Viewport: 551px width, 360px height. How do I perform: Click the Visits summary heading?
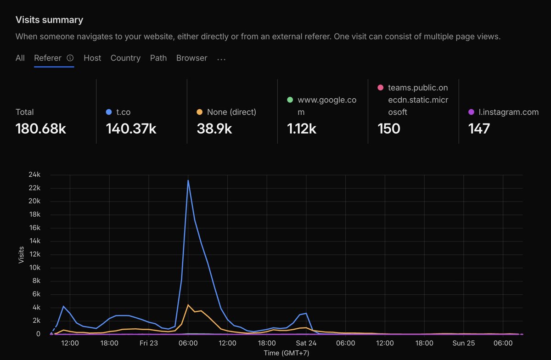point(49,20)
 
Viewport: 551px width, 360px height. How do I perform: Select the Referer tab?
point(48,58)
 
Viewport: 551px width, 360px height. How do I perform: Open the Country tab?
point(125,58)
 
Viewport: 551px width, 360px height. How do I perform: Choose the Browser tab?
point(191,58)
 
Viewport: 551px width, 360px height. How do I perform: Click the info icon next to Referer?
point(70,58)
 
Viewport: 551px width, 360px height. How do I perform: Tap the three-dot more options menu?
point(221,59)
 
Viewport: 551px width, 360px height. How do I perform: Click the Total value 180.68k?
point(40,129)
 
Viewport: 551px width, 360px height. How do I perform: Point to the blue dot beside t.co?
point(109,112)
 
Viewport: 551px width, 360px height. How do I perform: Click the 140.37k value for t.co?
point(131,129)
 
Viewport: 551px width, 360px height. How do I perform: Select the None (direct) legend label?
point(231,112)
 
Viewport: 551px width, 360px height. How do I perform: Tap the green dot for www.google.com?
point(290,100)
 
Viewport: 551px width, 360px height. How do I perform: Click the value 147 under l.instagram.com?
point(479,129)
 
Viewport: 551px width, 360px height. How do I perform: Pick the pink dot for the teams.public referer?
point(381,87)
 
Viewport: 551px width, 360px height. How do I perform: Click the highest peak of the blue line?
point(188,180)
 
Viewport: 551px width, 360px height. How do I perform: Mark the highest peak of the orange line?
point(188,305)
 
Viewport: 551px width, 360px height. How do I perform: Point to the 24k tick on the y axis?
point(34,174)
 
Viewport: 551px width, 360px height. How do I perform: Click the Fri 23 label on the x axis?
point(149,343)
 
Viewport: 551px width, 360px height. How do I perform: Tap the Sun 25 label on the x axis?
point(464,343)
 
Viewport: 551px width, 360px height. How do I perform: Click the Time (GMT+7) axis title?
point(287,353)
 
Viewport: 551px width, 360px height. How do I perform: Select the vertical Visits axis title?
point(21,255)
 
